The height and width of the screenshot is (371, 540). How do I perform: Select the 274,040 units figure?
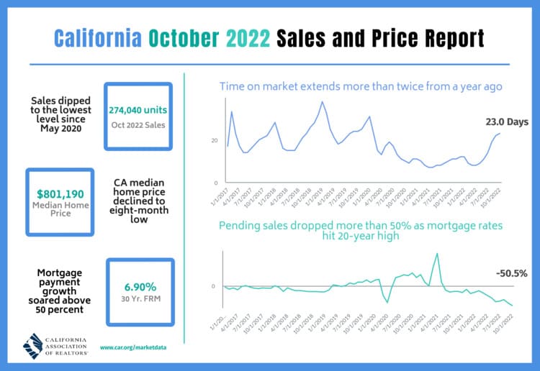click(x=138, y=111)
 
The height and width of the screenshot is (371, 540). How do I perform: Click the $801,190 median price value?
click(x=60, y=193)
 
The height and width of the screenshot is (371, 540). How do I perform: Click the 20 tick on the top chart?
click(x=213, y=140)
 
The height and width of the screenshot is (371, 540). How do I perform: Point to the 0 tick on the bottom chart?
click(x=213, y=286)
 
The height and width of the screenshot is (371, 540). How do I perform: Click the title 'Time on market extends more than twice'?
click(x=361, y=87)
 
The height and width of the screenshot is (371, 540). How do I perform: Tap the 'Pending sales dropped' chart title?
click(x=361, y=230)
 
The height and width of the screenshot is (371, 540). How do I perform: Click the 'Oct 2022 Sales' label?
click(x=138, y=125)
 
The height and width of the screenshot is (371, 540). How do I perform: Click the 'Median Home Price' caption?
click(x=60, y=209)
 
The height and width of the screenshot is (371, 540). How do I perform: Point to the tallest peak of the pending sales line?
click(x=436, y=253)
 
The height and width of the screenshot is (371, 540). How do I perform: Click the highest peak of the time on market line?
click(x=322, y=102)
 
